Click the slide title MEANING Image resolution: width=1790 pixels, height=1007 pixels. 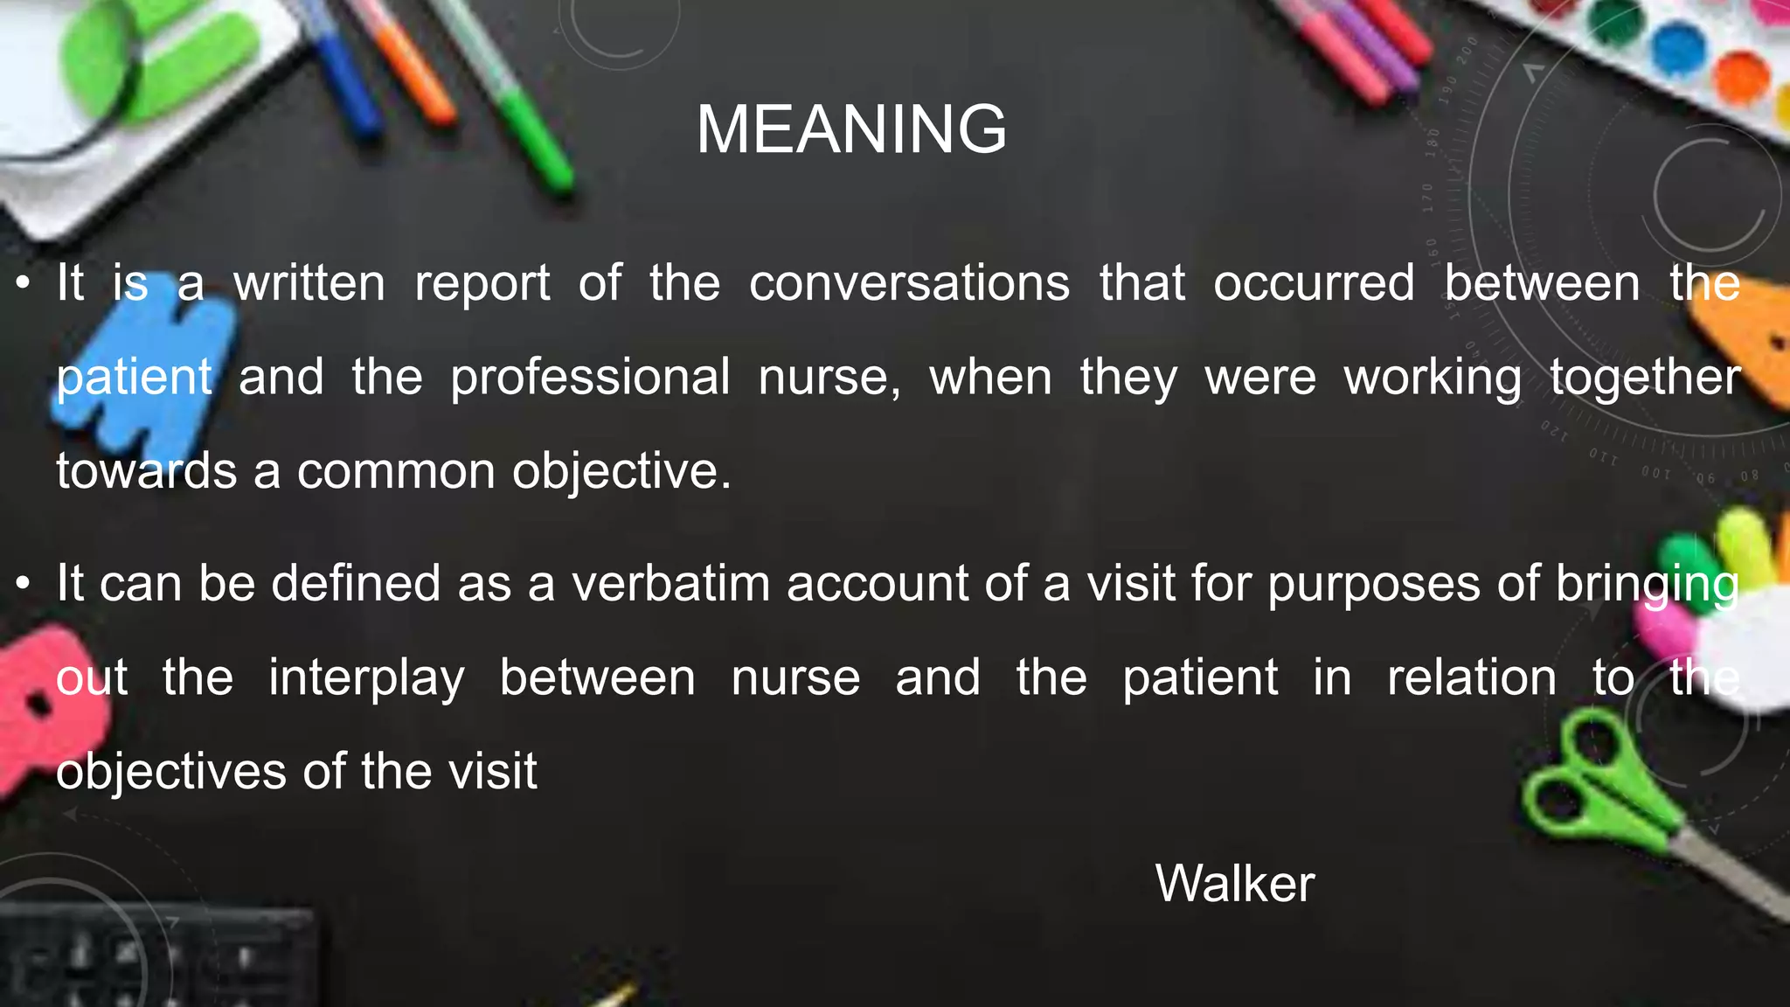[x=851, y=129]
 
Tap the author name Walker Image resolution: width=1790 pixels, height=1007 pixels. [x=1234, y=883]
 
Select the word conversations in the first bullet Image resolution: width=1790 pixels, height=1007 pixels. [x=909, y=283]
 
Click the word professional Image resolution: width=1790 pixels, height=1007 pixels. [x=590, y=378]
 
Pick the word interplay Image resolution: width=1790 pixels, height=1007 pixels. [x=366, y=678]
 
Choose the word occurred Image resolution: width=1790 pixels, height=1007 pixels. [x=1314, y=283]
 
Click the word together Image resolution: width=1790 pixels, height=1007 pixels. [x=1645, y=378]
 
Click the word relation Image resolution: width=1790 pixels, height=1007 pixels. [x=1472, y=678]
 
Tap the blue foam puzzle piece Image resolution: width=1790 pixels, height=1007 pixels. [x=149, y=367]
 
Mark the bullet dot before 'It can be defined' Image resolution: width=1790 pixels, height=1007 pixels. [x=24, y=583]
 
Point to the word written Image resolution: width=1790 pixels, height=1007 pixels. [x=309, y=283]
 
